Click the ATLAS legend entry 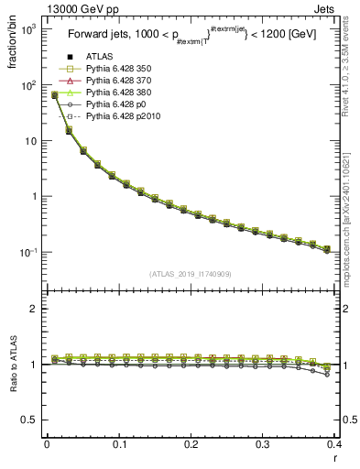[98, 57]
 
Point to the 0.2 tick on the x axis [191, 443]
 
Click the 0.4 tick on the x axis [334, 443]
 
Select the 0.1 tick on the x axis [119, 443]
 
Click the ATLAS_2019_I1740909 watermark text [191, 274]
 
